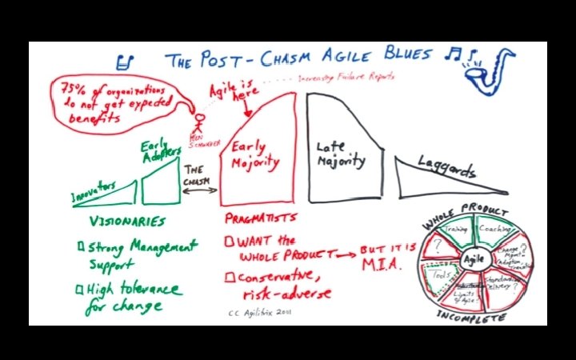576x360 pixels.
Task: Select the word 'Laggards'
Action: click(x=446, y=171)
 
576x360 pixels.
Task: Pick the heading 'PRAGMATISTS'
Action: click(x=262, y=218)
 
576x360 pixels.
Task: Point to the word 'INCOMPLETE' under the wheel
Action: click(x=471, y=317)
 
